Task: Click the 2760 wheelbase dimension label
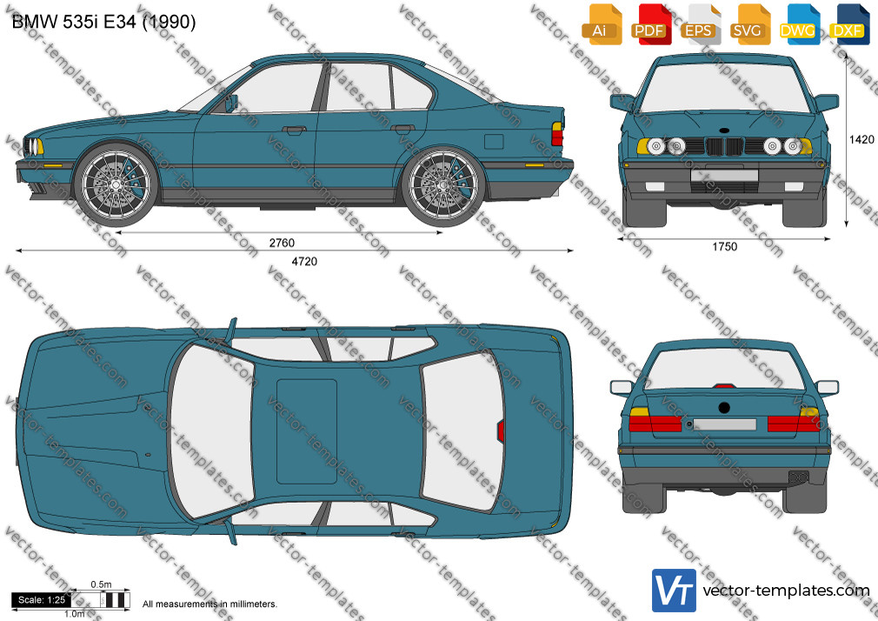click(282, 243)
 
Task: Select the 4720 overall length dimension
click(304, 261)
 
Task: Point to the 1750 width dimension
click(725, 247)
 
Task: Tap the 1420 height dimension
click(861, 139)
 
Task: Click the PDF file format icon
click(650, 24)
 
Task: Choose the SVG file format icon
click(748, 24)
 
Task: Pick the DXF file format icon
click(848, 24)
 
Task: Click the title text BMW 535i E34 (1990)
click(103, 22)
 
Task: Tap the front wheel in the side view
click(116, 184)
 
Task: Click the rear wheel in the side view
click(444, 185)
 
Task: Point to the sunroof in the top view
click(307, 431)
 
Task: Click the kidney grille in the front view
click(724, 147)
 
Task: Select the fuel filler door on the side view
click(493, 141)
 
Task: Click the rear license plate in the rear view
click(725, 424)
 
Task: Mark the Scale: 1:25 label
click(42, 600)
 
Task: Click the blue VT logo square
click(674, 591)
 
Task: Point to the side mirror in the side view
click(231, 103)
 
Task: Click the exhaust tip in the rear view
click(799, 477)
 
